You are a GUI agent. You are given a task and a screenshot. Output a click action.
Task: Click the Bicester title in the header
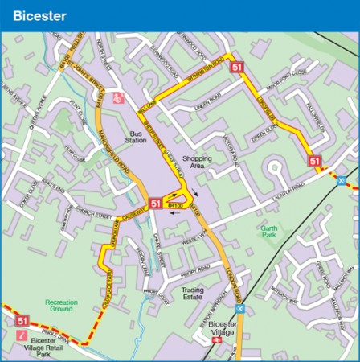[x=39, y=15]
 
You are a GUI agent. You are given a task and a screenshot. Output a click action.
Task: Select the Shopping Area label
[x=197, y=163]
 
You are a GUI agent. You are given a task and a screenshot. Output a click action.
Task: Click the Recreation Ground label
[x=61, y=306]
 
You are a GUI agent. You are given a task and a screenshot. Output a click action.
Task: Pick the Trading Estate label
[x=193, y=294]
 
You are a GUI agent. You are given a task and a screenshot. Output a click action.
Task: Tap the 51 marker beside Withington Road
[x=236, y=68]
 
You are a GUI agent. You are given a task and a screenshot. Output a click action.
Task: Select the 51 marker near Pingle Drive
[x=22, y=321]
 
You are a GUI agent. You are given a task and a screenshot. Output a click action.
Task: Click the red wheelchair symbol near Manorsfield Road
[x=118, y=98]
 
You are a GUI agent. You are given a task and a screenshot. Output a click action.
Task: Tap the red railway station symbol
[x=215, y=341]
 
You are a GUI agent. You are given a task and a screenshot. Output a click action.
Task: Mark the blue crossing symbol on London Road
[x=239, y=308]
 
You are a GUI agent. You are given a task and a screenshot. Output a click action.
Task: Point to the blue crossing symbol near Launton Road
[x=341, y=180]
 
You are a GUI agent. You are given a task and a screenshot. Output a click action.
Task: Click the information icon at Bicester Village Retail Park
[x=22, y=335]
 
